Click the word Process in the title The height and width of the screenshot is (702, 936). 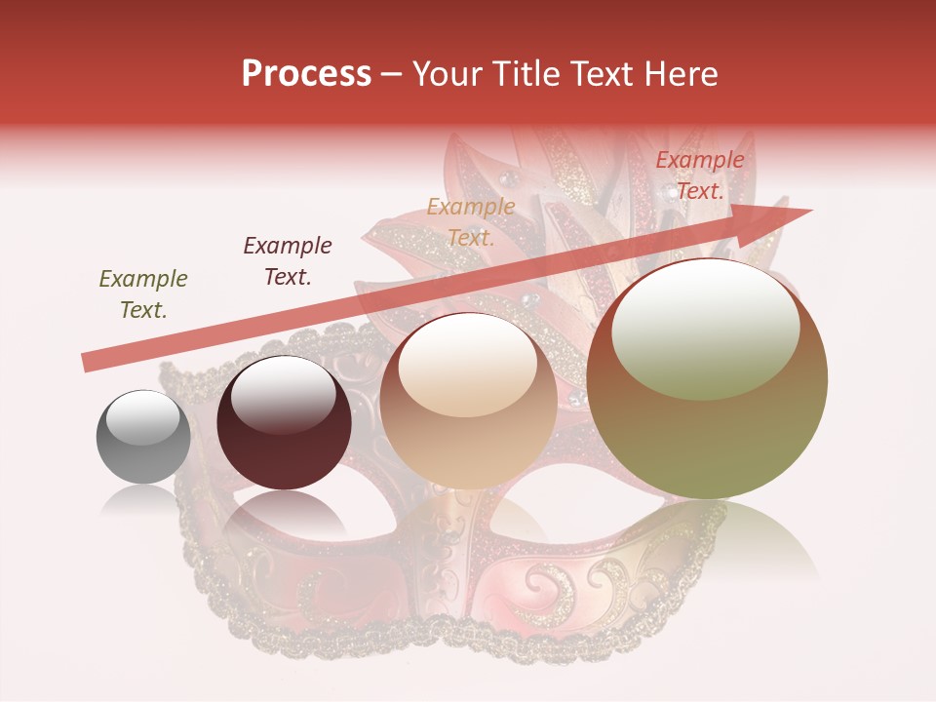(x=306, y=74)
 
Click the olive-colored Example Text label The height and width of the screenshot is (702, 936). (x=143, y=294)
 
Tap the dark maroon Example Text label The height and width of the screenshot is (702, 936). (x=288, y=260)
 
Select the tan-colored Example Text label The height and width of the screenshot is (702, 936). (x=471, y=221)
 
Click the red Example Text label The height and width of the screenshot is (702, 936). (x=699, y=175)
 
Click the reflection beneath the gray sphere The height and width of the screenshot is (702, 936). (x=143, y=499)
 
